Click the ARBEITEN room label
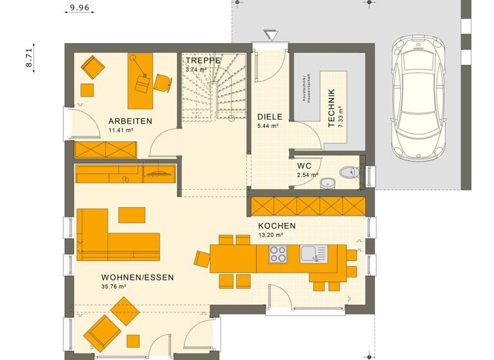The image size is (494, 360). click(x=130, y=121)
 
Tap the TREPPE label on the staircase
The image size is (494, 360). click(x=203, y=60)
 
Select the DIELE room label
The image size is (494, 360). click(x=270, y=117)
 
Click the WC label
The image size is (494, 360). click(x=304, y=165)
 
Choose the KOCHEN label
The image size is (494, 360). click(x=277, y=226)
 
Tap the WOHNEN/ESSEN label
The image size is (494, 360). click(x=137, y=278)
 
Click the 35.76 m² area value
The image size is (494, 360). click(x=113, y=287)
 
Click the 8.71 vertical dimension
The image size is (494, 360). click(x=28, y=57)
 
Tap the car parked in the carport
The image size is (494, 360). click(x=419, y=97)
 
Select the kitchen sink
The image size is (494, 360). click(x=313, y=254)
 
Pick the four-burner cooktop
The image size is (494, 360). click(x=278, y=255)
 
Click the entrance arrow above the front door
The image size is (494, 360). click(x=270, y=34)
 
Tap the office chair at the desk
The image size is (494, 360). click(x=161, y=81)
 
